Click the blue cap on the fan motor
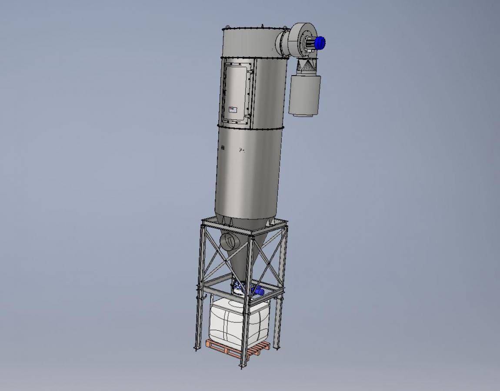click(320, 43)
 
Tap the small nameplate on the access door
click(233, 110)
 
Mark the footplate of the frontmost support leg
click(243, 366)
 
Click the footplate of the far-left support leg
click(197, 348)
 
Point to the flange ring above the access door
click(252, 58)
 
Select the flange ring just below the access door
click(252, 127)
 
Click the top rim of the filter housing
click(252, 29)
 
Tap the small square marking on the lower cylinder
click(223, 148)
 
